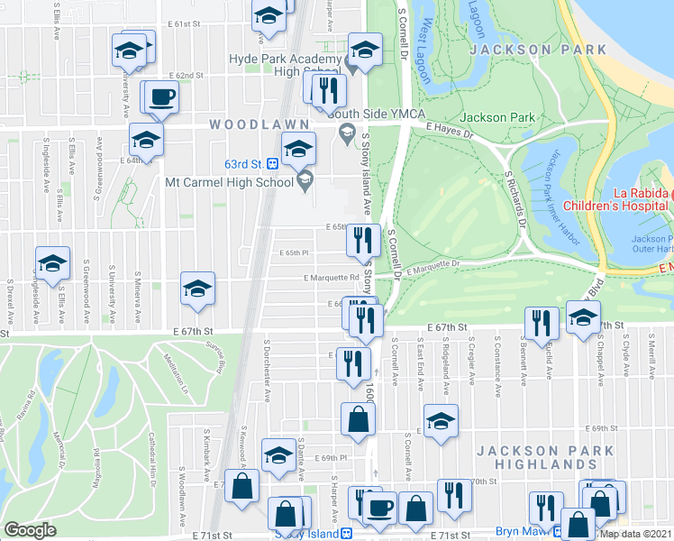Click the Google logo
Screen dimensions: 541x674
pyautogui.click(x=30, y=529)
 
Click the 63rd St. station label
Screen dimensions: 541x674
pyautogui.click(x=243, y=163)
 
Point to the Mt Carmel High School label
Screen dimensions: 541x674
pyautogui.click(x=230, y=182)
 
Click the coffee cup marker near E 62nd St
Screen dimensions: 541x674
pyautogui.click(x=162, y=96)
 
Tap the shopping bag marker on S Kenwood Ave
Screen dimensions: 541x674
pyautogui.click(x=242, y=486)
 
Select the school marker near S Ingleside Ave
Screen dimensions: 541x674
pyautogui.click(x=53, y=263)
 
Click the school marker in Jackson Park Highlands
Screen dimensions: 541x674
pyautogui.click(x=440, y=422)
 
